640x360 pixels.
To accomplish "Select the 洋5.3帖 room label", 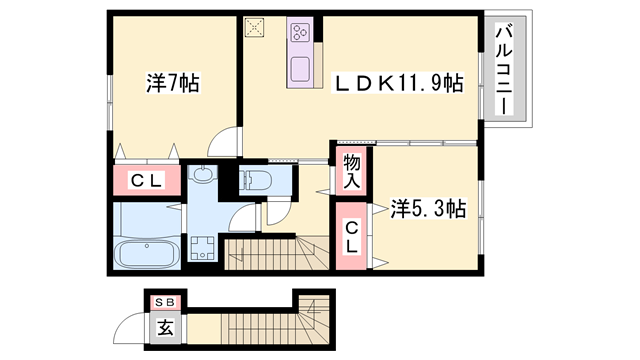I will click(x=427, y=209).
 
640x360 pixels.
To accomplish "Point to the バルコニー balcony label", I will click(x=504, y=70).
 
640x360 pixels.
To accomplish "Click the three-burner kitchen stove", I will click(x=301, y=37).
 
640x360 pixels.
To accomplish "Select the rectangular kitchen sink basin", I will click(x=301, y=69).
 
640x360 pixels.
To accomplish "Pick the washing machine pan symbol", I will click(x=203, y=245).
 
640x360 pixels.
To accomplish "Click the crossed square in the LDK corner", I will click(x=255, y=28).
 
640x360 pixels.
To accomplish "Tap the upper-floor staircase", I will click(x=270, y=254).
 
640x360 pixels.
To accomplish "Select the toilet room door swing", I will click(x=246, y=216).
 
